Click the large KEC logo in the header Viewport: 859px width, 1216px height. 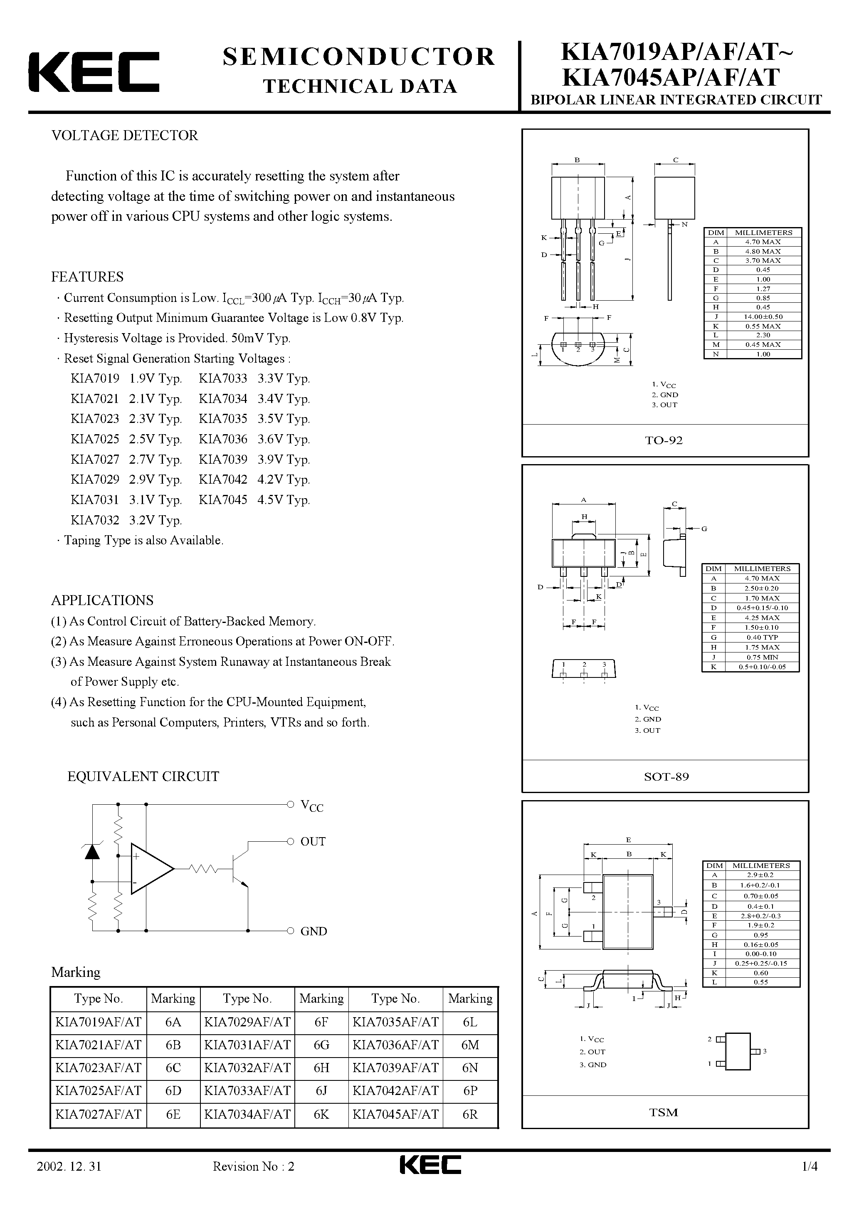[x=94, y=72]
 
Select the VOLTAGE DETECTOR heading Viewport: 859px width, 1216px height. [x=124, y=136]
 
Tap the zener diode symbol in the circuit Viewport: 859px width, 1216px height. [x=93, y=852]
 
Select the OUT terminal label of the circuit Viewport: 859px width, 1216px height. [x=313, y=842]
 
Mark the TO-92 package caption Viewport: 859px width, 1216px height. [x=664, y=440]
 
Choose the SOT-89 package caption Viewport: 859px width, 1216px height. [x=666, y=776]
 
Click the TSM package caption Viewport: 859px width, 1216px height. [x=664, y=1112]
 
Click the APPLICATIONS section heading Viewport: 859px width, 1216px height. [x=102, y=600]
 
